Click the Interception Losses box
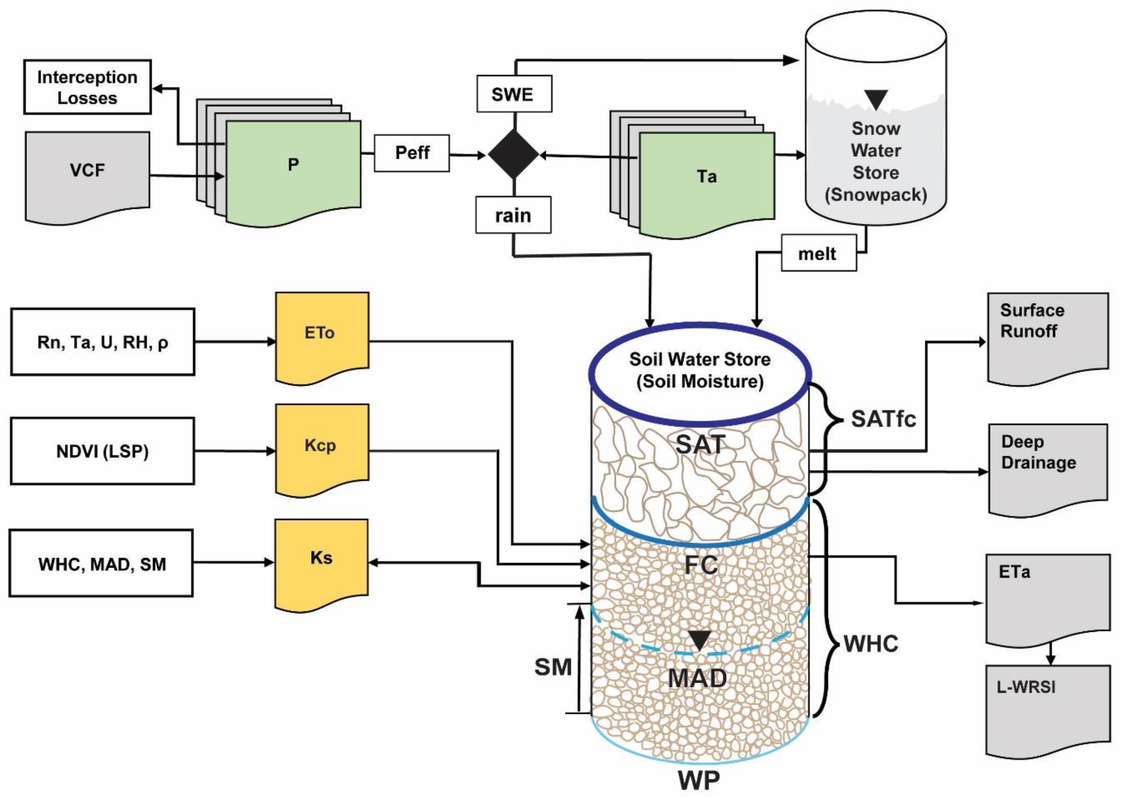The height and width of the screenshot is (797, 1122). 87,88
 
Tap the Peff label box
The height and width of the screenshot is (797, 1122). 412,153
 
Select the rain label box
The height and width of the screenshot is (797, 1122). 513,215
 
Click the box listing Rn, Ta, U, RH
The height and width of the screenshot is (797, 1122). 103,342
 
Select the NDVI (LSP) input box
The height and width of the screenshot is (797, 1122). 103,451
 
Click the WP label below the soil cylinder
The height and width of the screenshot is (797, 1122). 699,780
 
